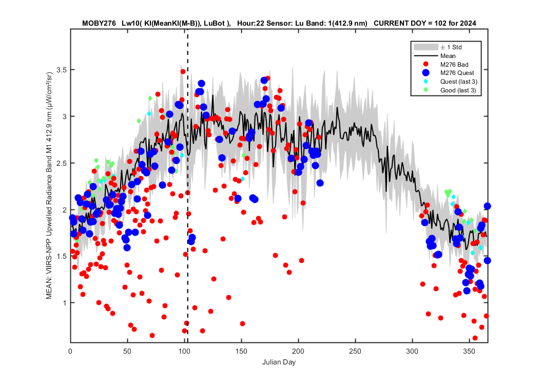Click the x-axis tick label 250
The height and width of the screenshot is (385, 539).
pyautogui.click(x=355, y=351)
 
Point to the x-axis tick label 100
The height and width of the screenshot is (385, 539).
pyautogui.click(x=184, y=351)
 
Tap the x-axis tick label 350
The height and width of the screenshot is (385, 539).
pyautogui.click(x=469, y=351)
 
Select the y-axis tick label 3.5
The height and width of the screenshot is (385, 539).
pyautogui.click(x=62, y=70)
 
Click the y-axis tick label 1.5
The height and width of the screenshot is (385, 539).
pyautogui.click(x=62, y=256)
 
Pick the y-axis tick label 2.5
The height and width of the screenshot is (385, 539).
pyautogui.click(x=62, y=163)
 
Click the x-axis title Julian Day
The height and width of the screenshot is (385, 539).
pyautogui.click(x=279, y=362)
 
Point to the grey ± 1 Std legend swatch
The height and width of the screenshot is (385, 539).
pyautogui.click(x=426, y=47)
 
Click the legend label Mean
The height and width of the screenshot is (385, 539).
pyautogui.click(x=448, y=55)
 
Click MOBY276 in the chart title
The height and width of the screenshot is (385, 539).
pyautogui.click(x=99, y=24)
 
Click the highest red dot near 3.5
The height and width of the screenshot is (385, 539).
pyautogui.click(x=183, y=71)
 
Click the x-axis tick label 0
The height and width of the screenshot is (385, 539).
pyautogui.click(x=70, y=351)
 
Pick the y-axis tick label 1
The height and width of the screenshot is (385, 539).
pyautogui.click(x=65, y=303)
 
